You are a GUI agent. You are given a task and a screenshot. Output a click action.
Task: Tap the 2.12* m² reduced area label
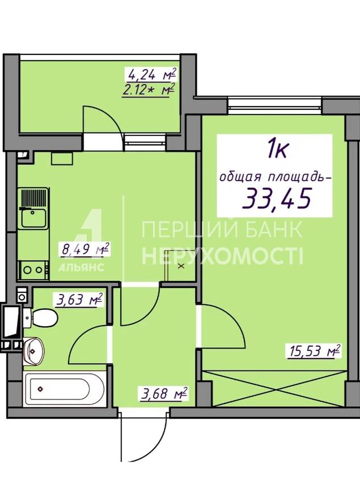click(x=149, y=90)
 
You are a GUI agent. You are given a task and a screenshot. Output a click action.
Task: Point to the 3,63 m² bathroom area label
click(x=79, y=300)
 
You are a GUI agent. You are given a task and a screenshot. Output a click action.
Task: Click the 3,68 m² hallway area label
click(x=164, y=394)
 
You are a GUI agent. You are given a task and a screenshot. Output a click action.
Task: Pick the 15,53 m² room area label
click(x=314, y=351)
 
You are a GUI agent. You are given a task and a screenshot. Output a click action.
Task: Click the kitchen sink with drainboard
click(x=33, y=208)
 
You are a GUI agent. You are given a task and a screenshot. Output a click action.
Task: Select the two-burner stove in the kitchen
click(x=33, y=270)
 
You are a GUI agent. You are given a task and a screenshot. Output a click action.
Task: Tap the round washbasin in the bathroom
click(x=34, y=351)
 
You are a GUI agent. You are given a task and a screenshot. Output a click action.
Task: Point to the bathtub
click(x=65, y=389)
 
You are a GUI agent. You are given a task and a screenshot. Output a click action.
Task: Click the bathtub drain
click(x=40, y=389)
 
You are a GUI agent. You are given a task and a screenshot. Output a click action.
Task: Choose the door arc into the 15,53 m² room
click(x=234, y=317)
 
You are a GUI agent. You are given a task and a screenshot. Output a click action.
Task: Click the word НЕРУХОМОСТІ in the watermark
click(x=222, y=257)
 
